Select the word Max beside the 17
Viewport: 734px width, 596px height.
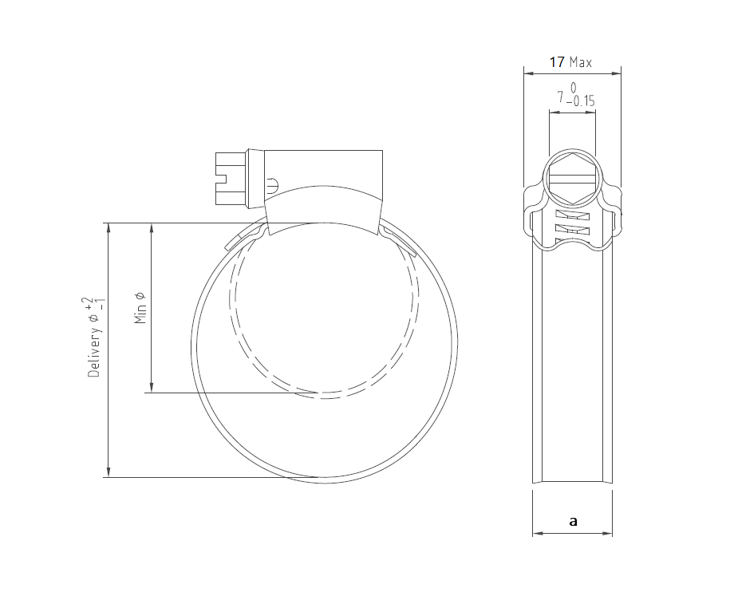pyautogui.click(x=580, y=61)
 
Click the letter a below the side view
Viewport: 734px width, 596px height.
pyautogui.click(x=573, y=521)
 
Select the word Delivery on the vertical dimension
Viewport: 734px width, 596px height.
pyautogui.click(x=93, y=351)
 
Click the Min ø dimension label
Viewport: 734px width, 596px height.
pyautogui.click(x=140, y=307)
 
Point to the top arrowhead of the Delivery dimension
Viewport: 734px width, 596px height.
pyautogui.click(x=108, y=227)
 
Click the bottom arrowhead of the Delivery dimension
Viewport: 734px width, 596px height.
pyautogui.click(x=108, y=472)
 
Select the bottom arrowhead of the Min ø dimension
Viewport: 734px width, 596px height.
pyautogui.click(x=150, y=387)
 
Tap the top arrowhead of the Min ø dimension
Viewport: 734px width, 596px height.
pyautogui.click(x=150, y=227)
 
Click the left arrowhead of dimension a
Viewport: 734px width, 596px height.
pyautogui.click(x=536, y=532)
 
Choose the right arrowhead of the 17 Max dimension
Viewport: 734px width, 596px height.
pyautogui.click(x=618, y=73)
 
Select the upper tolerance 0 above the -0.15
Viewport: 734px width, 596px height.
pyautogui.click(x=573, y=86)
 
